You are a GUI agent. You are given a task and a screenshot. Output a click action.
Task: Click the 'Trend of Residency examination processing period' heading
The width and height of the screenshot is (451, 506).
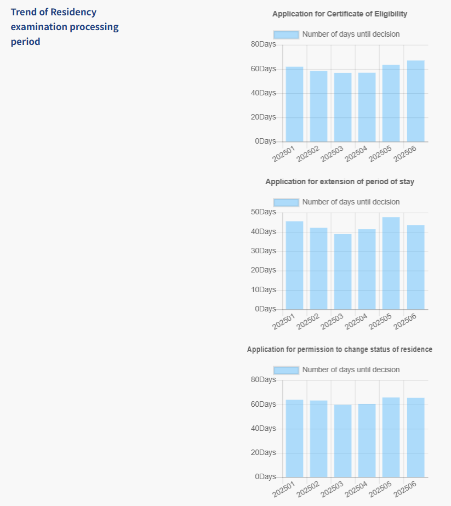(x=64, y=26)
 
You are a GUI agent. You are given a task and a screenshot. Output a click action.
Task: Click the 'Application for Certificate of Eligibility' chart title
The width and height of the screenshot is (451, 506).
(x=340, y=14)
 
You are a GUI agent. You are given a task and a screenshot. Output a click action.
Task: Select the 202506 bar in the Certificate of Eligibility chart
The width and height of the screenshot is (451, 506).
(x=415, y=101)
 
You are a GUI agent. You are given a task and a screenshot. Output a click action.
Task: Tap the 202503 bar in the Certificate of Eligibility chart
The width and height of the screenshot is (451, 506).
(x=342, y=107)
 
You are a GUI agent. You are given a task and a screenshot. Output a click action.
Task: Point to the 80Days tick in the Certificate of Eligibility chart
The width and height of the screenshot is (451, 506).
(x=263, y=44)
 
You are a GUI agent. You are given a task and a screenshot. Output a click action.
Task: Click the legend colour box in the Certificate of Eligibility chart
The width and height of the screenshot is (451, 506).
(x=286, y=35)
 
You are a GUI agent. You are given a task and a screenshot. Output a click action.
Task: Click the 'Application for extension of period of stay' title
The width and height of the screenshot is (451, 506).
(x=340, y=181)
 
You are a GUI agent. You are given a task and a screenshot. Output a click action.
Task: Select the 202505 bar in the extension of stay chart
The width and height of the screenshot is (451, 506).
(x=391, y=263)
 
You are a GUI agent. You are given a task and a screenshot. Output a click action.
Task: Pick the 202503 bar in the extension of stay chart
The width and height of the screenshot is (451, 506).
(x=342, y=272)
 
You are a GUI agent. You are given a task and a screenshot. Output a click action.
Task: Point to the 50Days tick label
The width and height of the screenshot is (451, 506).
(x=263, y=212)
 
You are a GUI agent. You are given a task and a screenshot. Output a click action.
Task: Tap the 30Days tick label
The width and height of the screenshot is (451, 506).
(x=263, y=251)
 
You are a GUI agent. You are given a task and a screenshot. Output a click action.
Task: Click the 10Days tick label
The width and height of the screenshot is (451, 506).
(x=263, y=290)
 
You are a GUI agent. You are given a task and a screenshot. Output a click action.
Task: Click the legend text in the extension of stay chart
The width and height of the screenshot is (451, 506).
(x=351, y=202)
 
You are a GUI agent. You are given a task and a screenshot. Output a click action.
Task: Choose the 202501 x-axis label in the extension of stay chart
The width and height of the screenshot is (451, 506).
(x=284, y=321)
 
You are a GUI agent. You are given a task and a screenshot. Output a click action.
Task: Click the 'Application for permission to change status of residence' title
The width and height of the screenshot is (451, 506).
(x=340, y=349)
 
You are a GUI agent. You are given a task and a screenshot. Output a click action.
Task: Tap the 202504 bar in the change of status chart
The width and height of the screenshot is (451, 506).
(x=367, y=441)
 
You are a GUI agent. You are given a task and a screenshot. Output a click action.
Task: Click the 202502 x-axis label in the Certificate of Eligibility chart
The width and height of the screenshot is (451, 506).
(x=309, y=153)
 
